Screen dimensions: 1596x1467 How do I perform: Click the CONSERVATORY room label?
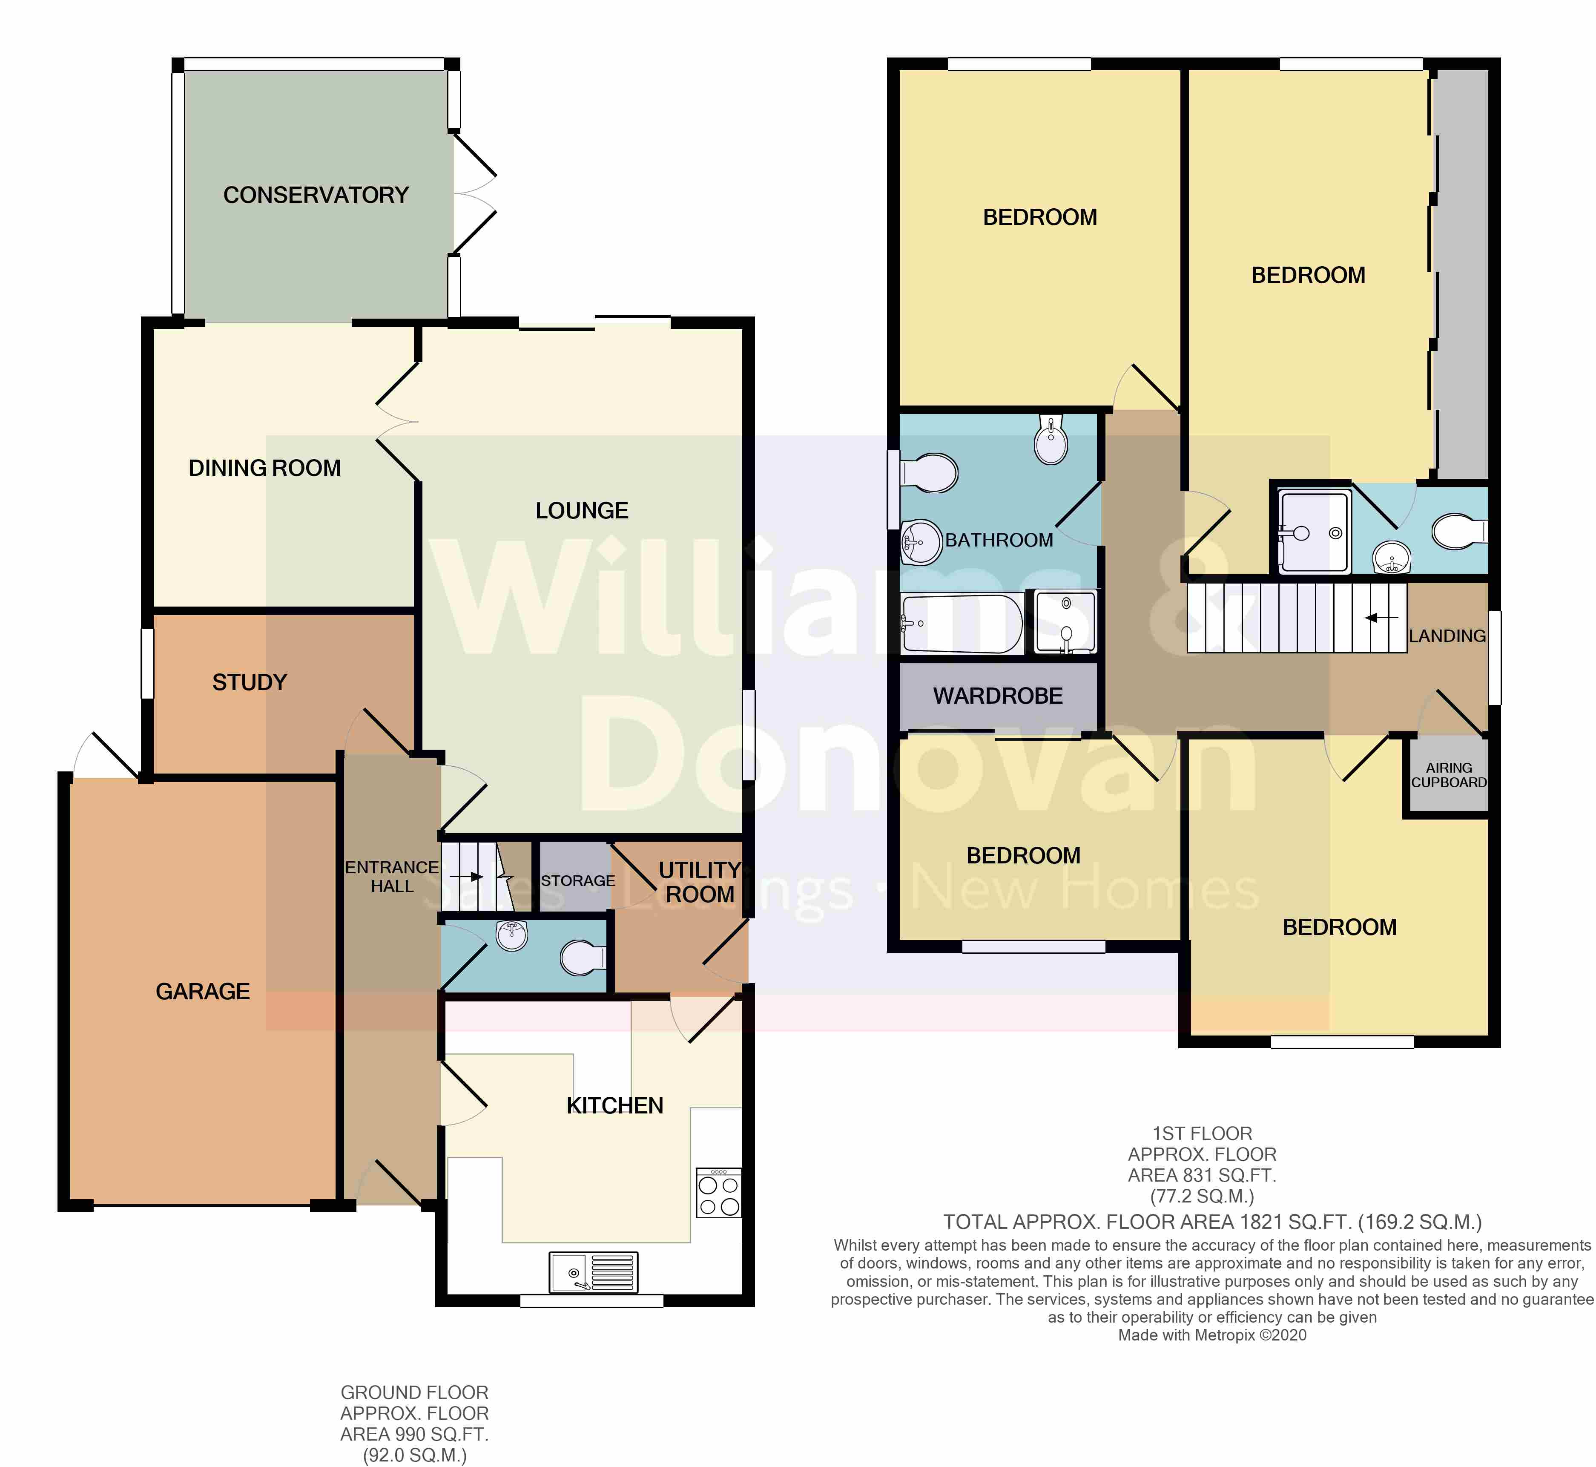point(316,195)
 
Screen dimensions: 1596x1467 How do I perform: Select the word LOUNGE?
point(582,510)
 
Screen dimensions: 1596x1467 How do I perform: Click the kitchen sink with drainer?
point(593,1272)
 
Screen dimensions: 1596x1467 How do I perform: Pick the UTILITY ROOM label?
point(699,882)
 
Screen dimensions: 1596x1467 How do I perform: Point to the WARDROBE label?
point(998,696)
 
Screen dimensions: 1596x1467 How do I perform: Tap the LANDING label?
point(1447,636)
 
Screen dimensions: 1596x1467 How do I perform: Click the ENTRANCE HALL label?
point(392,876)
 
